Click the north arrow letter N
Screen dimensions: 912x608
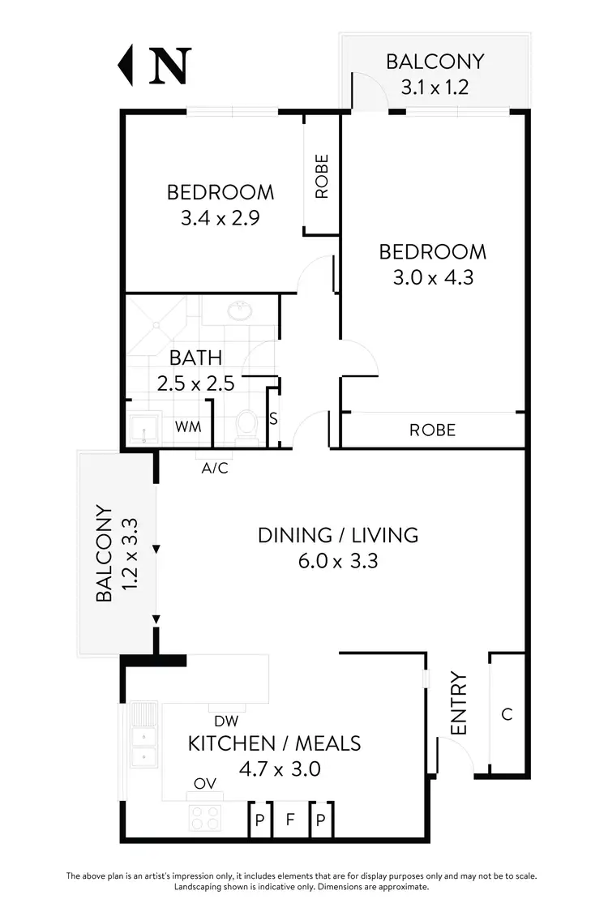pyautogui.click(x=169, y=66)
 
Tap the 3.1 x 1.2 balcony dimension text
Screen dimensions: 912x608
pyautogui.click(x=435, y=87)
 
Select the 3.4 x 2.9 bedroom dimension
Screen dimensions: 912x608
pyautogui.click(x=220, y=218)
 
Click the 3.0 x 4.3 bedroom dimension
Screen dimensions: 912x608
pyautogui.click(x=433, y=277)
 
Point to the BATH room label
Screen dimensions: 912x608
pyautogui.click(x=195, y=358)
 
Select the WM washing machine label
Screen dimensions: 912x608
pyautogui.click(x=189, y=426)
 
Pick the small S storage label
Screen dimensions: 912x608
pyautogui.click(x=273, y=419)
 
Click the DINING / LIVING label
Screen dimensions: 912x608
pyautogui.click(x=338, y=535)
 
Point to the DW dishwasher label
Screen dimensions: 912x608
pyautogui.click(x=225, y=721)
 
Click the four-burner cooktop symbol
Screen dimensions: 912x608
pyautogui.click(x=207, y=818)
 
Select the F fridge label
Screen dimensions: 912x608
pyautogui.click(x=289, y=820)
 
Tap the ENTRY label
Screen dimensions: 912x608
pyautogui.click(x=459, y=704)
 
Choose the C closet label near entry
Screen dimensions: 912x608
pyautogui.click(x=507, y=714)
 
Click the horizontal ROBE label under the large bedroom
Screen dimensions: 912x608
pyautogui.click(x=432, y=430)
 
